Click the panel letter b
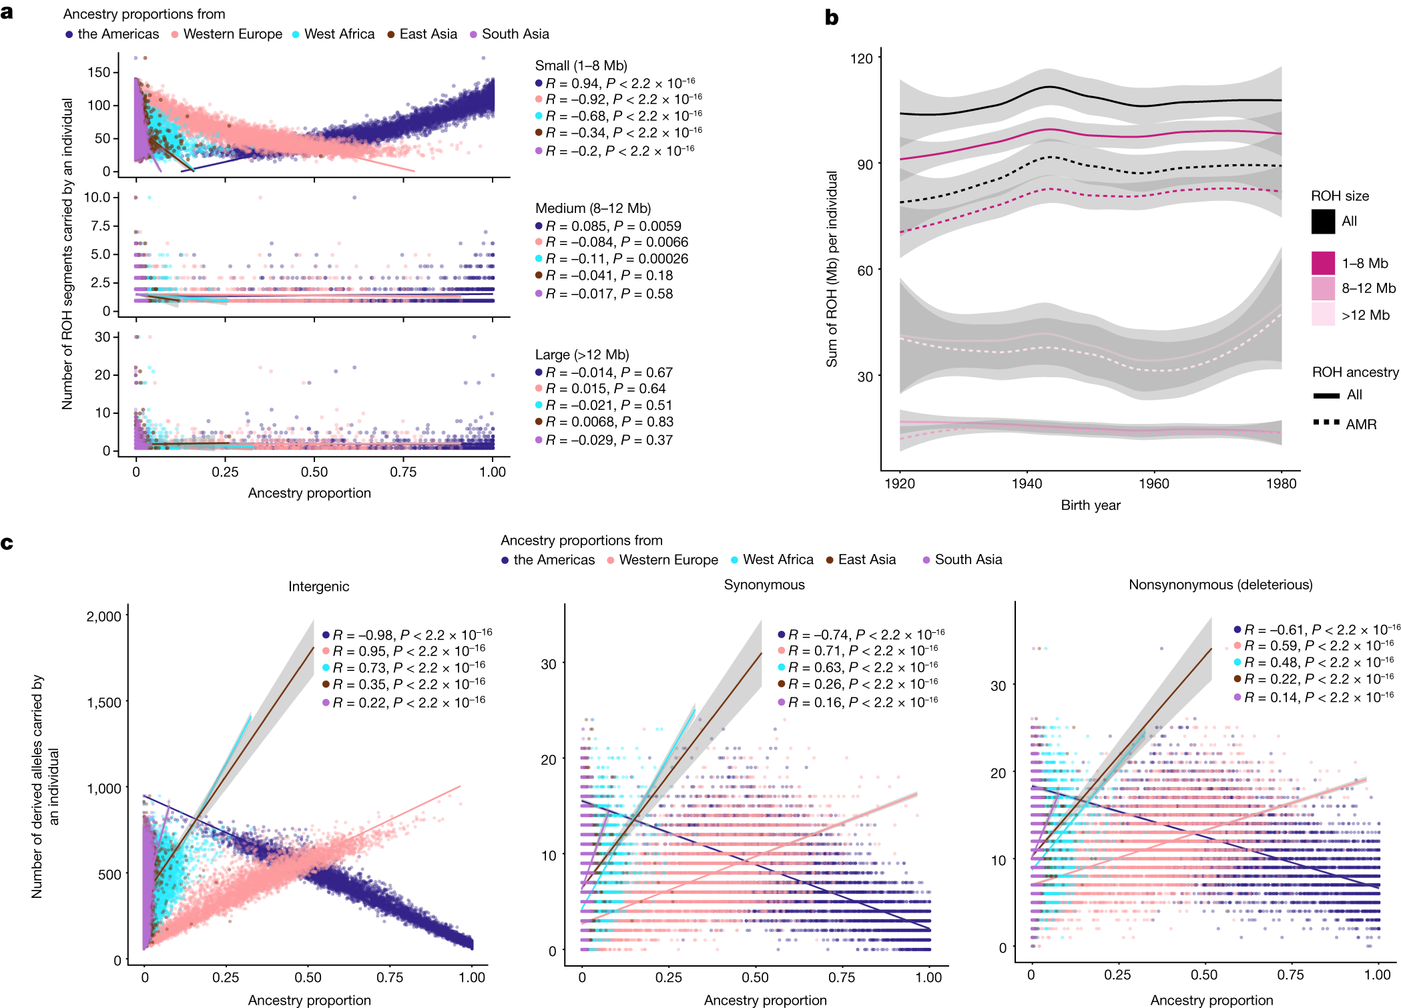(831, 18)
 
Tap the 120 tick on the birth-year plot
(861, 59)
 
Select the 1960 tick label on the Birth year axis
(1153, 484)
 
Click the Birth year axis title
(1090, 505)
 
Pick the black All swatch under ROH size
(1322, 222)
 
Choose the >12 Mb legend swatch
(1322, 314)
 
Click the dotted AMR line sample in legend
(1326, 423)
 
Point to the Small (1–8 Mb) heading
(581, 65)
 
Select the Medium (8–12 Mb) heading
(593, 208)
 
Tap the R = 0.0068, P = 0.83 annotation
(609, 422)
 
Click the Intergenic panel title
(318, 586)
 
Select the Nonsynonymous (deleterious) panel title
(1220, 585)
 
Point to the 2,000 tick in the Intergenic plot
(104, 616)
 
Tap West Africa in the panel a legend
(338, 34)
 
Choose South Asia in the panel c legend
(968, 559)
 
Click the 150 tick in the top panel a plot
(99, 72)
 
